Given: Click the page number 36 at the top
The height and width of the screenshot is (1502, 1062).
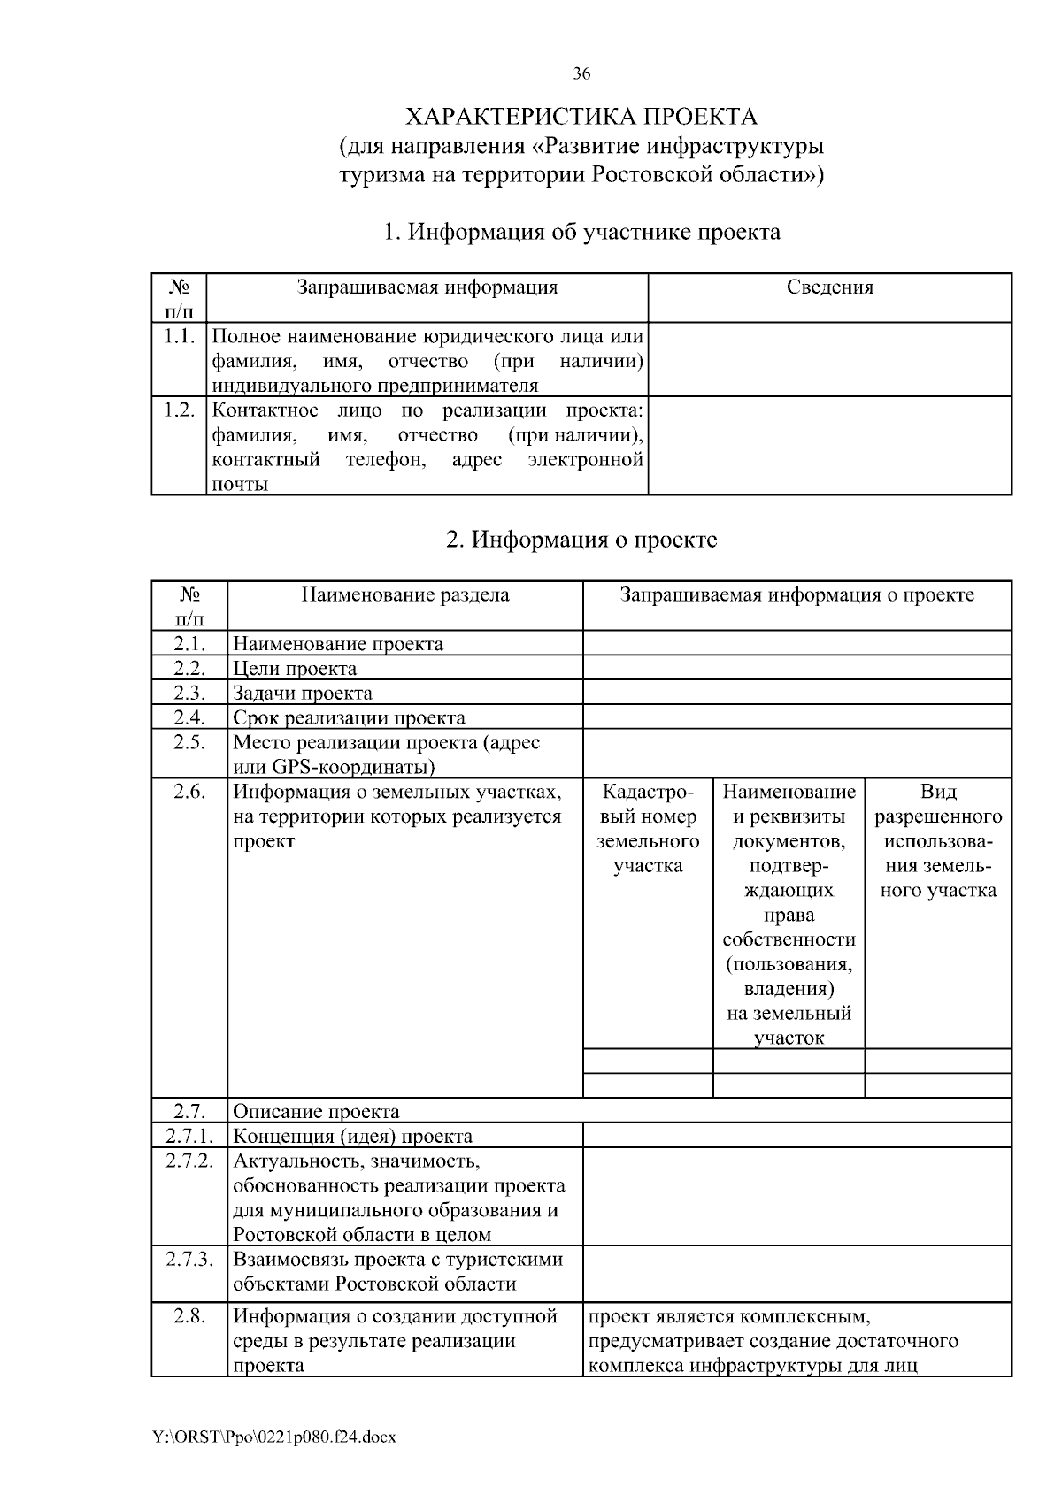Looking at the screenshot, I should pos(581,74).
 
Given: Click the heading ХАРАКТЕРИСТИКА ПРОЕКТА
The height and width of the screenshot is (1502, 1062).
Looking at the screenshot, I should pos(581,117).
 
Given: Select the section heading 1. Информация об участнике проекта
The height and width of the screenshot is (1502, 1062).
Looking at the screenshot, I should pos(581,233).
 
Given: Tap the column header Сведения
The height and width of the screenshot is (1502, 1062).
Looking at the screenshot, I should pos(829,287).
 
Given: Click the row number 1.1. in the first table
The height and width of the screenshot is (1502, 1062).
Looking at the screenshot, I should pos(179,337).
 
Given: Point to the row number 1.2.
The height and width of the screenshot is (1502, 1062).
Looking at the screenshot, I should pos(179,411).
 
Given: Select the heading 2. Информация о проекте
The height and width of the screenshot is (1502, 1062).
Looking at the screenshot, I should pos(581,540).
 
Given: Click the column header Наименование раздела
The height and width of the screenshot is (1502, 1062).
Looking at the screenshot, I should pos(405,595).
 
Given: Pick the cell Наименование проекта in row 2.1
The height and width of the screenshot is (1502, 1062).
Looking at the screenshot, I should pos(338,644).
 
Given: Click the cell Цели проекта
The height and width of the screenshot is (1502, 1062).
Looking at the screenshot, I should pos(295,669).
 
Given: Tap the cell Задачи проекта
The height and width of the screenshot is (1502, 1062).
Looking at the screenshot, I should pos(303,694).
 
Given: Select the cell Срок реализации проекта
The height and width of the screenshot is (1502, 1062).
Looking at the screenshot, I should pos(349,718).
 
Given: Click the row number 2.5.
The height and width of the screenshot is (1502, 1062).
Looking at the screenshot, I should pos(189,743).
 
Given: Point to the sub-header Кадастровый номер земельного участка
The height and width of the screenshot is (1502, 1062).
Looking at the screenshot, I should pos(648,829).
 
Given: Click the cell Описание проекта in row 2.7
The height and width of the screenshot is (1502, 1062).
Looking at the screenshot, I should pos(316,1112).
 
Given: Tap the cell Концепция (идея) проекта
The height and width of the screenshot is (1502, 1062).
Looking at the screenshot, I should pos(352,1137).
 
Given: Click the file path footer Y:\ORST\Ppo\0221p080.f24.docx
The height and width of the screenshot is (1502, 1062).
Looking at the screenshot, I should pos(274,1437).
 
